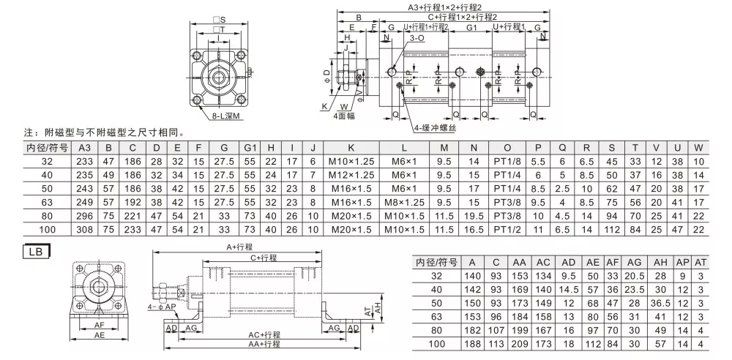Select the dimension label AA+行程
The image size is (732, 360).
coord(264,343)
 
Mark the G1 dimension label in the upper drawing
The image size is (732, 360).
coord(472,27)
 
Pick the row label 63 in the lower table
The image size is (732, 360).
coord(437,315)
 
